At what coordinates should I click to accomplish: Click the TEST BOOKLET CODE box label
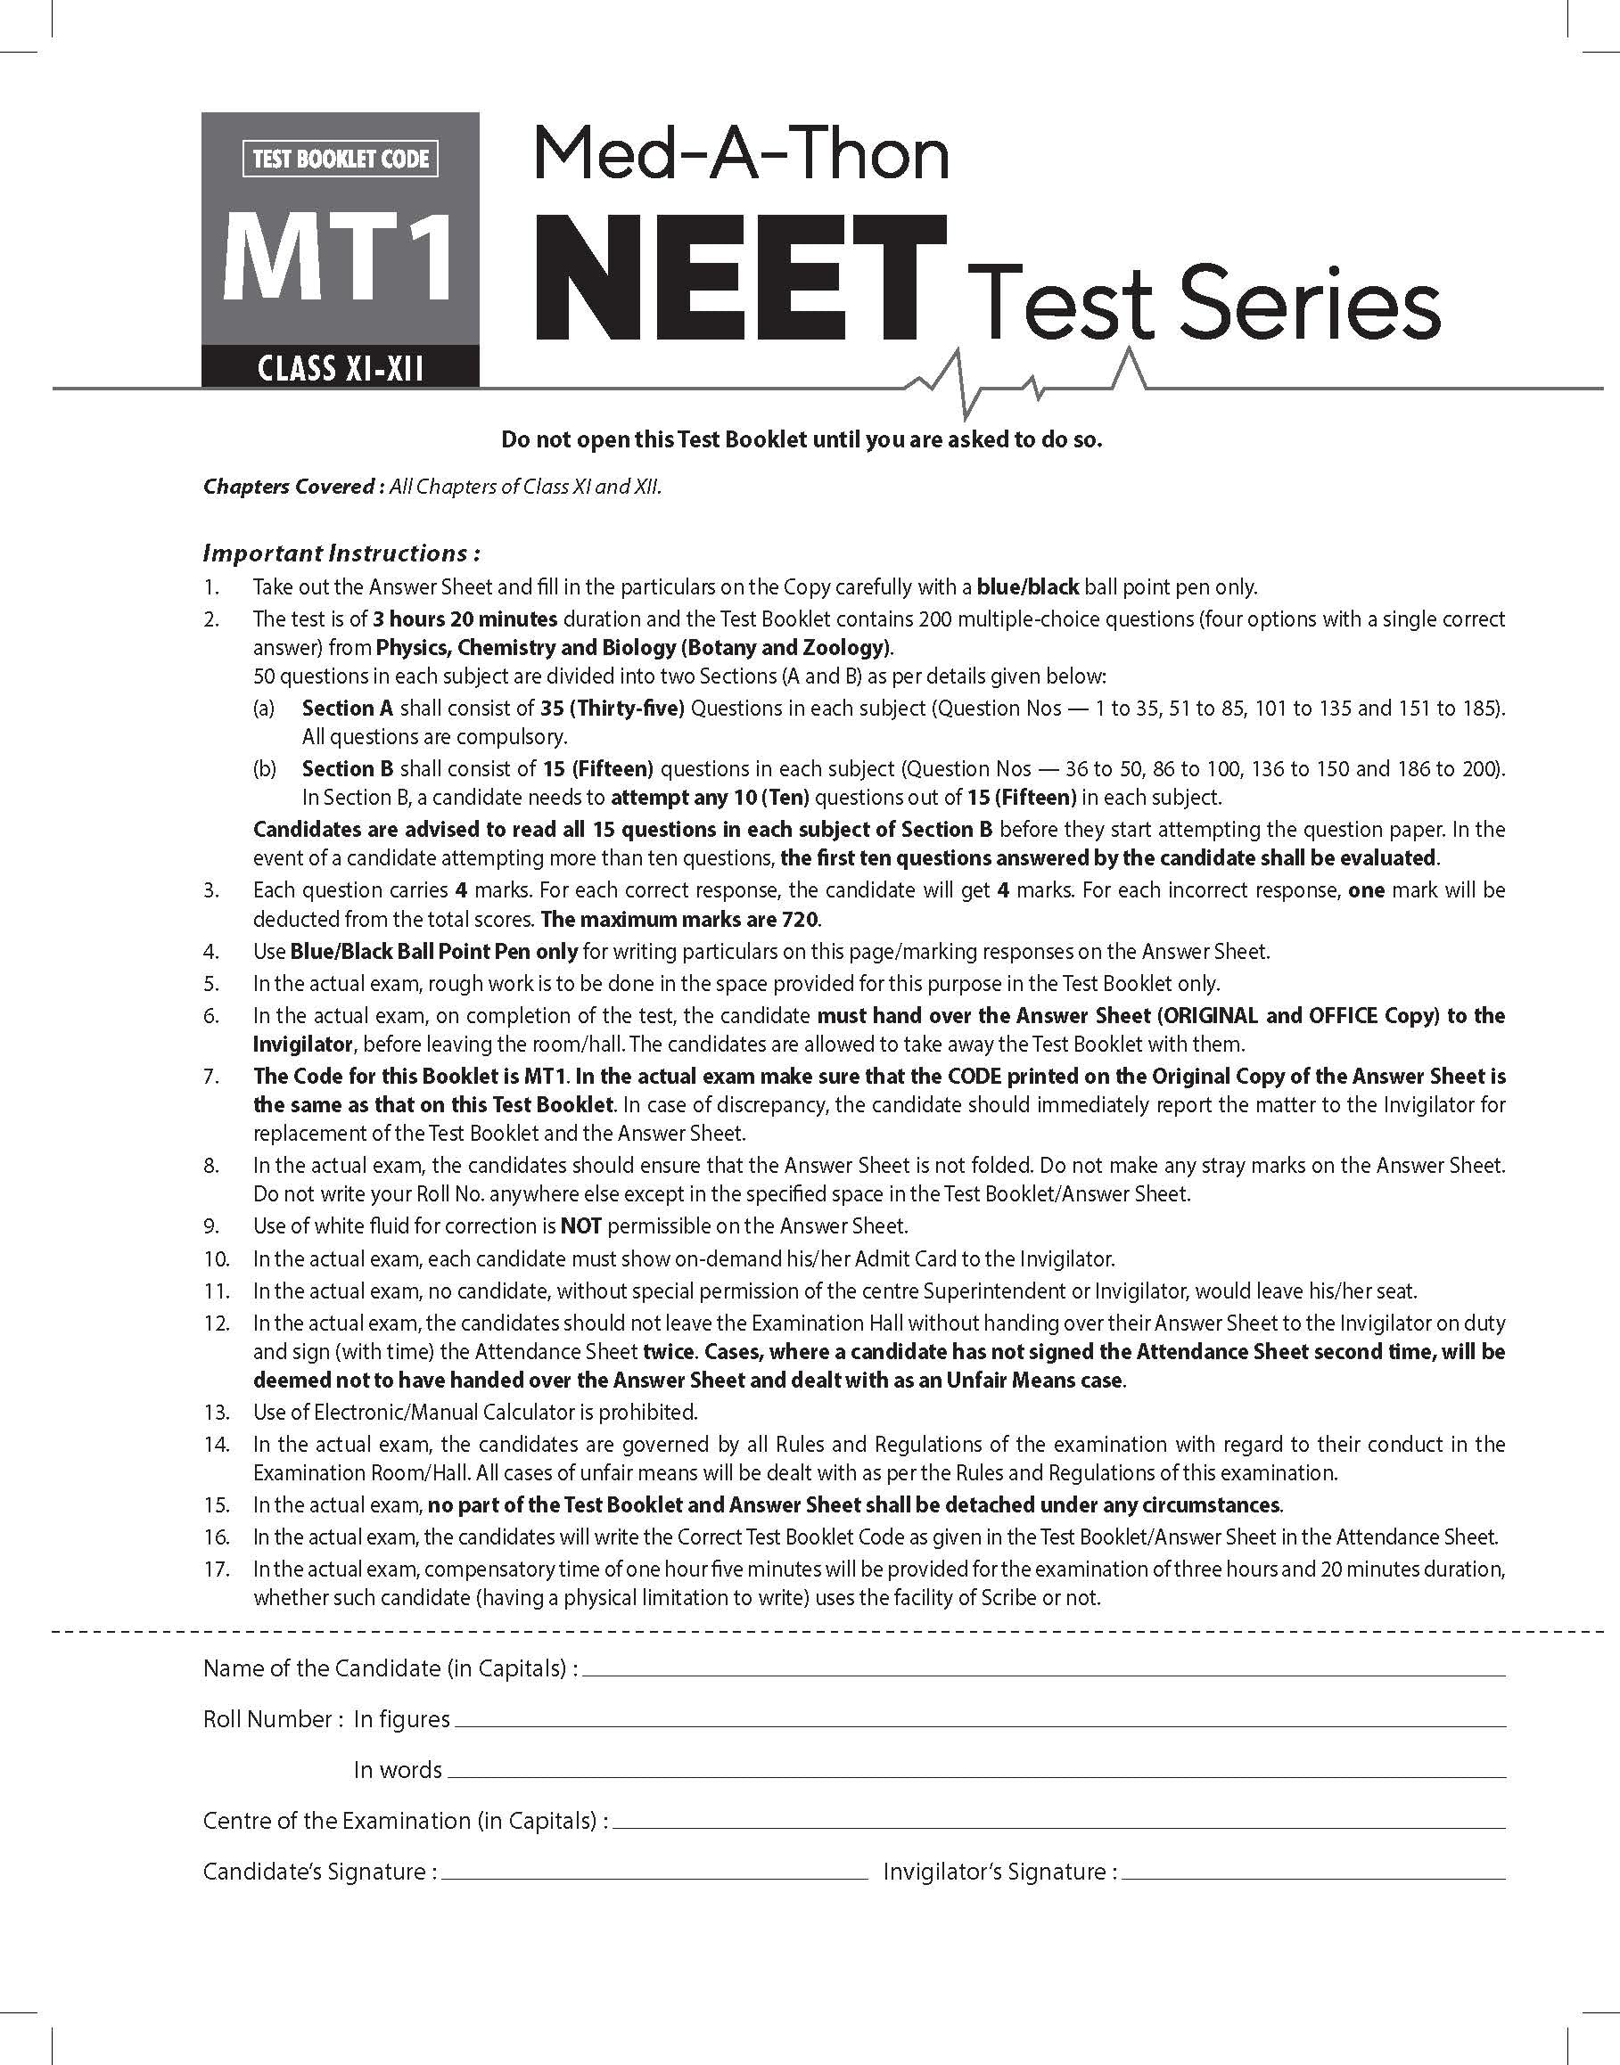click(341, 159)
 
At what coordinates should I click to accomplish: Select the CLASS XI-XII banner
click(341, 367)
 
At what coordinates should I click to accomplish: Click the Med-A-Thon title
click(742, 154)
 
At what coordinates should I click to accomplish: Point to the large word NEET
click(741, 278)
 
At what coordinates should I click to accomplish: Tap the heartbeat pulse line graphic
click(1024, 385)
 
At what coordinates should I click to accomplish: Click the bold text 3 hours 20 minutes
click(465, 619)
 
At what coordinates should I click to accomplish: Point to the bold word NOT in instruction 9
click(580, 1226)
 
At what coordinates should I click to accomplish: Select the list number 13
click(217, 1412)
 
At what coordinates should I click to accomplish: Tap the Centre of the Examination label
click(405, 1821)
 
